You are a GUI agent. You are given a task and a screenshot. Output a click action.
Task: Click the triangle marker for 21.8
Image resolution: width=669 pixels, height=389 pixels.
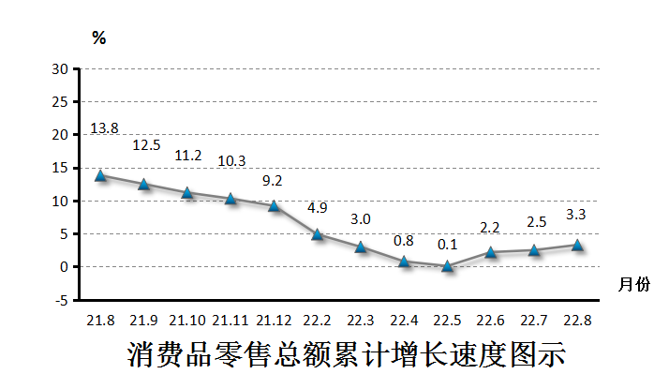pyautogui.click(x=100, y=175)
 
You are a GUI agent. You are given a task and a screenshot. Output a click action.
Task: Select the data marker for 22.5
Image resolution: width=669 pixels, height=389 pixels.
pyautogui.click(x=447, y=266)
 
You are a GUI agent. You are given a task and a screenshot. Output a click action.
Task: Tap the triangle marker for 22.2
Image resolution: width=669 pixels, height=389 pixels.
pyautogui.click(x=318, y=234)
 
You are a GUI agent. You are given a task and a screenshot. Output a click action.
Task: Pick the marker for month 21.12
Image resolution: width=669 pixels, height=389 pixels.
pyautogui.click(x=275, y=205)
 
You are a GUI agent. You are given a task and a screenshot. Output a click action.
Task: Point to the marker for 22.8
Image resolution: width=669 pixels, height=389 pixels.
pyautogui.click(x=577, y=245)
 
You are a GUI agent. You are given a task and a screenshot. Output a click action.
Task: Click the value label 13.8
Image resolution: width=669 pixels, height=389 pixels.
pyautogui.click(x=103, y=128)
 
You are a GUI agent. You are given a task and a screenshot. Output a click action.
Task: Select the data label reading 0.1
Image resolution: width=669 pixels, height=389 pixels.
pyautogui.click(x=448, y=245)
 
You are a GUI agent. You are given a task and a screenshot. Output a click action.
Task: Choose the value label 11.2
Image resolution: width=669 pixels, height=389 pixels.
pyautogui.click(x=188, y=156)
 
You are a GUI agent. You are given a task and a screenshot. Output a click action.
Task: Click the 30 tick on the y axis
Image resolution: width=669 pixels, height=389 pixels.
pyautogui.click(x=61, y=69)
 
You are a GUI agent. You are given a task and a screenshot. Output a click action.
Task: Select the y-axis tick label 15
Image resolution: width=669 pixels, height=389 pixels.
pyautogui.click(x=61, y=168)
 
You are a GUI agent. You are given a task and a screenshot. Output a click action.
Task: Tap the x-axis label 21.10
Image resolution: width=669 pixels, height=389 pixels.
pyautogui.click(x=188, y=321)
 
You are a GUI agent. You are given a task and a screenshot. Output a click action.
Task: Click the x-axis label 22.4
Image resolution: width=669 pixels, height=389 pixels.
pyautogui.click(x=405, y=321)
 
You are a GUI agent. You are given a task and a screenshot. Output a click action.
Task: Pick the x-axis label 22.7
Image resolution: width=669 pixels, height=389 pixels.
pyautogui.click(x=534, y=321)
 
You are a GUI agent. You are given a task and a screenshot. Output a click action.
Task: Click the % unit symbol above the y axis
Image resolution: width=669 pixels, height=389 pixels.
pyautogui.click(x=98, y=38)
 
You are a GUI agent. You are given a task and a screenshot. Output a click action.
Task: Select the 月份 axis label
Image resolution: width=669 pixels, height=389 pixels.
pyautogui.click(x=632, y=285)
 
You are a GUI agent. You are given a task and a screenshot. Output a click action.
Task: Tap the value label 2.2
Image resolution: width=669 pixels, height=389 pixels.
pyautogui.click(x=491, y=228)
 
